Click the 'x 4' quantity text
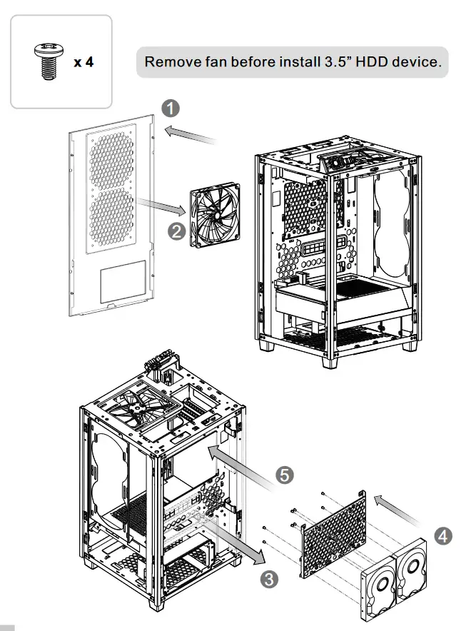point(83,62)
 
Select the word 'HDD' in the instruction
point(361,62)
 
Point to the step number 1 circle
point(169,109)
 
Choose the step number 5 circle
point(285,475)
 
